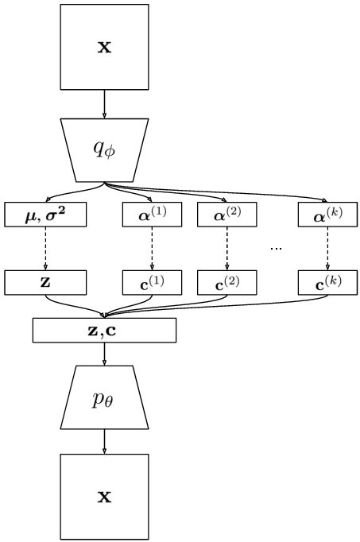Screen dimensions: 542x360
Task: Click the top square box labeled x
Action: (104, 47)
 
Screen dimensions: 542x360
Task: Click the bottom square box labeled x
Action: (104, 497)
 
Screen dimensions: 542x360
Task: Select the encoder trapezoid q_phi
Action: (104, 150)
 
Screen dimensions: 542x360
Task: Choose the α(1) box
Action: (151, 215)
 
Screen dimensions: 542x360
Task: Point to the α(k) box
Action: (327, 215)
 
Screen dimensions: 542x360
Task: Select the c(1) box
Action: (151, 282)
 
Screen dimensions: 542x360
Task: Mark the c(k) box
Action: (327, 282)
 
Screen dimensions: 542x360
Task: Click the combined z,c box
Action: (104, 330)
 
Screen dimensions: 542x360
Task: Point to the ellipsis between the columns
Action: (276, 249)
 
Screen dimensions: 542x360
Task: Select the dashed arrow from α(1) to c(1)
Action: (151, 248)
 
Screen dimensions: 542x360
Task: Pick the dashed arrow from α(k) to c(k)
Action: (327, 248)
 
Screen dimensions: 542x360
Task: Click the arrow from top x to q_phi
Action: (104, 103)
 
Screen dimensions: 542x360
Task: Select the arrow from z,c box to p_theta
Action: (104, 354)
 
